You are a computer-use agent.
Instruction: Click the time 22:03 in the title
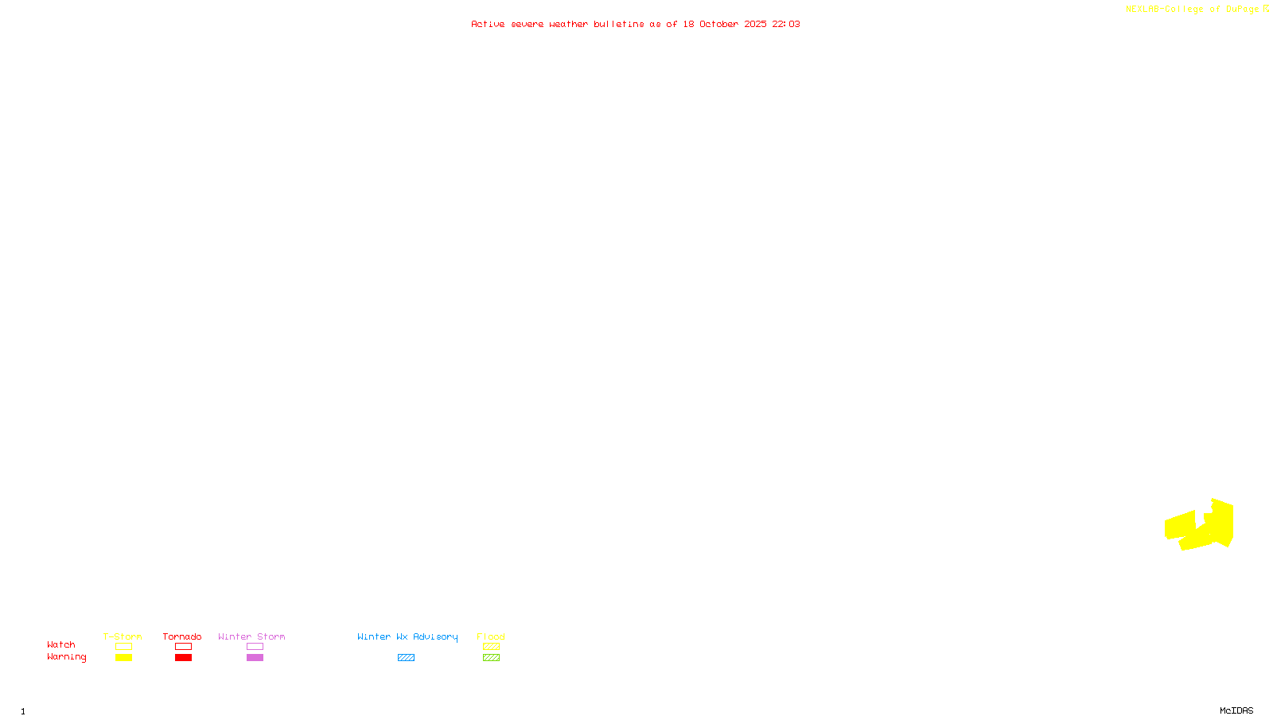click(x=785, y=24)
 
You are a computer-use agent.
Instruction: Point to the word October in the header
click(x=718, y=24)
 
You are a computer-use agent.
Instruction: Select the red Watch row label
click(x=61, y=645)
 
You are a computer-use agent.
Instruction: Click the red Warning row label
click(x=66, y=657)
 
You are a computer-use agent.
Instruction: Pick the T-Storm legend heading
click(x=123, y=636)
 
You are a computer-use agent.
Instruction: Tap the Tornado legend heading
click(x=182, y=636)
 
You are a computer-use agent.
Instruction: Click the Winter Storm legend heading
click(x=251, y=636)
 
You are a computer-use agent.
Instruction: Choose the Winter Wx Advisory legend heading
click(x=407, y=636)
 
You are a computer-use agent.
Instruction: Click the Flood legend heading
click(x=491, y=636)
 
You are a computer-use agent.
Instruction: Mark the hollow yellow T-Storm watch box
click(x=123, y=647)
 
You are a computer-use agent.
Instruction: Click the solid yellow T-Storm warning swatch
click(x=123, y=658)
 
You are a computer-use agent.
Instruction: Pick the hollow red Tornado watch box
click(x=184, y=647)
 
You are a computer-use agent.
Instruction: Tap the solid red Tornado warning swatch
click(x=184, y=658)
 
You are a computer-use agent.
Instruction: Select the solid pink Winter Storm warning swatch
click(x=255, y=658)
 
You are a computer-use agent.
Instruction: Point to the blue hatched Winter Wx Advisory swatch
click(x=406, y=658)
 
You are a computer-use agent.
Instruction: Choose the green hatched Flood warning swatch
click(x=491, y=658)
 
